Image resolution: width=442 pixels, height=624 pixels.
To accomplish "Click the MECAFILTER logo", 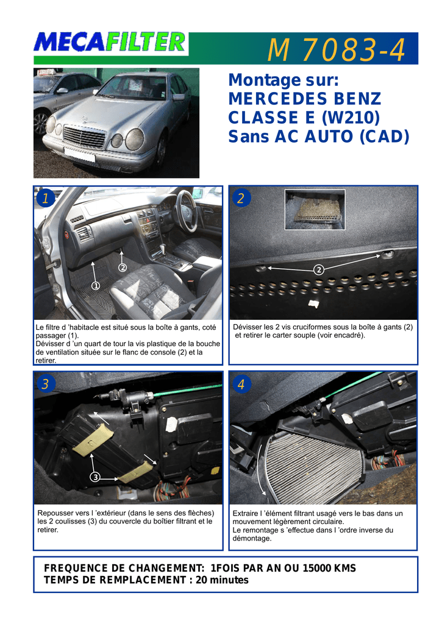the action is pyautogui.click(x=110, y=43).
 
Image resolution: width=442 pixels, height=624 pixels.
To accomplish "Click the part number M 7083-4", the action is pyautogui.click(x=337, y=50).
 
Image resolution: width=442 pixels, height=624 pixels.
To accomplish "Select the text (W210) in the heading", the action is pyautogui.click(x=351, y=118).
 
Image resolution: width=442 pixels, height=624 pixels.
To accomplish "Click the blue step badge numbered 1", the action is pyautogui.click(x=45, y=198).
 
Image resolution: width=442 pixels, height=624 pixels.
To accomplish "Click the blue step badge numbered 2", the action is pyautogui.click(x=241, y=198).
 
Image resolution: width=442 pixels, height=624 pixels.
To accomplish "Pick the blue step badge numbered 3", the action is pyautogui.click(x=45, y=384).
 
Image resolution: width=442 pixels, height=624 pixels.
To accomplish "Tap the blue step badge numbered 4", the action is pyautogui.click(x=241, y=384).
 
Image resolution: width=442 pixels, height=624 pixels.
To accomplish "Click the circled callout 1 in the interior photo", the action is pyautogui.click(x=96, y=285).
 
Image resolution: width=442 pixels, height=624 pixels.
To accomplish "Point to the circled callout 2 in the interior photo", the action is pyautogui.click(x=123, y=268).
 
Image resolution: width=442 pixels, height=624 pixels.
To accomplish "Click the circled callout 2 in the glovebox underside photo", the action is pyautogui.click(x=319, y=270).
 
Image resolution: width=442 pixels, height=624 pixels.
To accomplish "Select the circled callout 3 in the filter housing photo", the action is pyautogui.click(x=95, y=477).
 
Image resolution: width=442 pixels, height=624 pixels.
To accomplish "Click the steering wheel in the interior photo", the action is pyautogui.click(x=187, y=210).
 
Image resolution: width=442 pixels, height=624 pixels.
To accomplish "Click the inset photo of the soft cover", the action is pyautogui.click(x=315, y=210).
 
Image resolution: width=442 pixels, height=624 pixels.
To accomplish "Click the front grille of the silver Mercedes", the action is pyautogui.click(x=84, y=137).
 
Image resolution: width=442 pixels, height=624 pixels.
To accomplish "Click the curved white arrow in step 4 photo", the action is pyautogui.click(x=260, y=470).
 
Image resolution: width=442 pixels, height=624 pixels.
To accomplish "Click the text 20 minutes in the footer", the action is pyautogui.click(x=222, y=580).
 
